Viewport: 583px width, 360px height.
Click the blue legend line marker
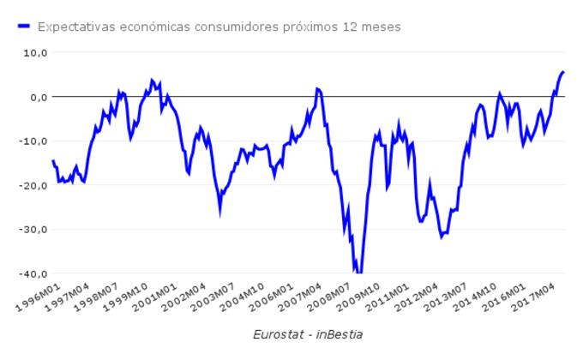point(23,27)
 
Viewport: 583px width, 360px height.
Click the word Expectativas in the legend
point(75,27)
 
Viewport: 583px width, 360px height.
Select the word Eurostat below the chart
point(279,333)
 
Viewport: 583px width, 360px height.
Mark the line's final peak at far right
point(563,72)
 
